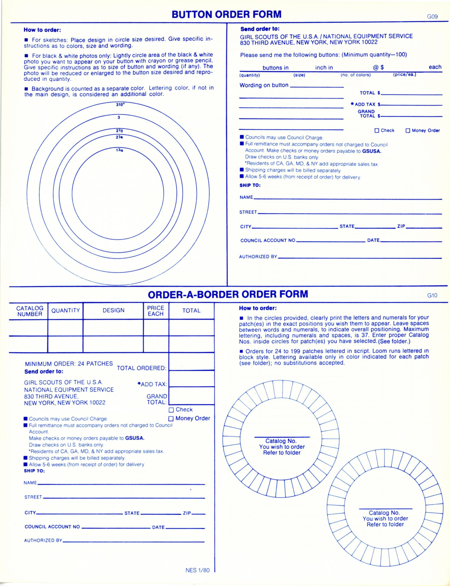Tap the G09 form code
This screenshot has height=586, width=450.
[x=432, y=17]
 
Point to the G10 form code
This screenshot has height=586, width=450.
[x=432, y=296]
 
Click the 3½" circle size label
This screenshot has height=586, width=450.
[x=120, y=105]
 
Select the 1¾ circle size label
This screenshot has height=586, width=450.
[x=119, y=150]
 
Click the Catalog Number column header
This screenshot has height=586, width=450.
[x=30, y=311]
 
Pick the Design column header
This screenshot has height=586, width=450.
[x=114, y=311]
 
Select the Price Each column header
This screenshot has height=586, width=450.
[x=156, y=311]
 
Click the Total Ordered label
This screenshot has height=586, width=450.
[x=142, y=368]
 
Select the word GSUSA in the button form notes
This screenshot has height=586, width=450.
[x=371, y=151]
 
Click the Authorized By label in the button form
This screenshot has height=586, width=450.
[x=258, y=257]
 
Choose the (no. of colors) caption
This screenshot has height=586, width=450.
[x=355, y=75]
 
